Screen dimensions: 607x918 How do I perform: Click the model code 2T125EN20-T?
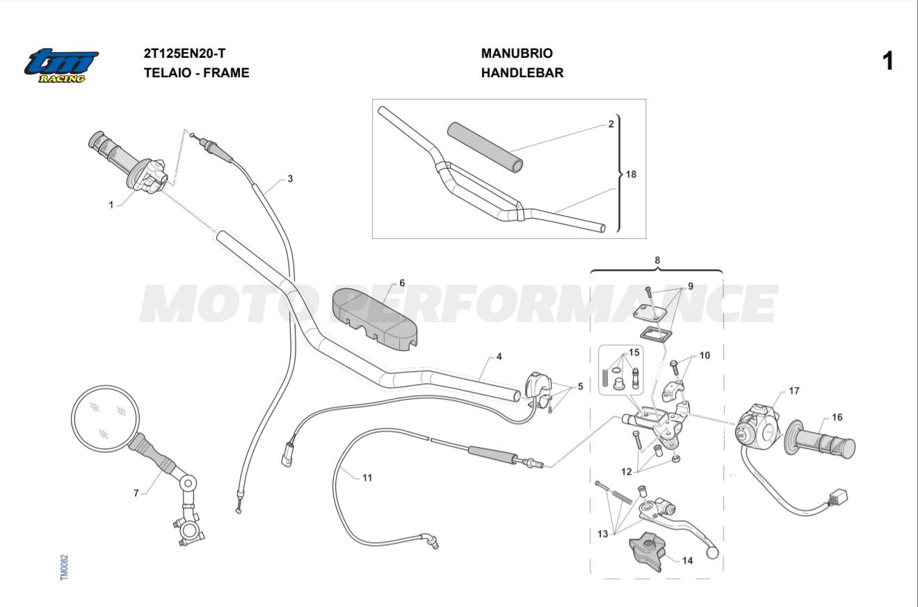(184, 53)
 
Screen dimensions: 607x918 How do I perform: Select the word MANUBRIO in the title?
(517, 53)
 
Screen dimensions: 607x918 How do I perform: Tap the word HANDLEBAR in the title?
(522, 72)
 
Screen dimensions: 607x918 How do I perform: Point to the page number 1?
(887, 61)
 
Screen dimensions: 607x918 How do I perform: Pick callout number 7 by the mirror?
(136, 494)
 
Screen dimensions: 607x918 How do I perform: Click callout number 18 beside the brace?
(631, 174)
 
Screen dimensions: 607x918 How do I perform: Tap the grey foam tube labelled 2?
(485, 147)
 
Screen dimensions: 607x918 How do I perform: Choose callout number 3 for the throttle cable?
(290, 179)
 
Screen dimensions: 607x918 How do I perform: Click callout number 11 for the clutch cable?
(367, 478)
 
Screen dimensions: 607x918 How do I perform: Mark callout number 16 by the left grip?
(837, 418)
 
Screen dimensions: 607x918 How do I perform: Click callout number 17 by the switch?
(794, 391)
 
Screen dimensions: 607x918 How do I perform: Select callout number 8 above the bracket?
(657, 260)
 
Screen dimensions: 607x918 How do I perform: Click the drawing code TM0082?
(64, 568)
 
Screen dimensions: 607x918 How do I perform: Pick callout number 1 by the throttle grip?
(111, 205)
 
